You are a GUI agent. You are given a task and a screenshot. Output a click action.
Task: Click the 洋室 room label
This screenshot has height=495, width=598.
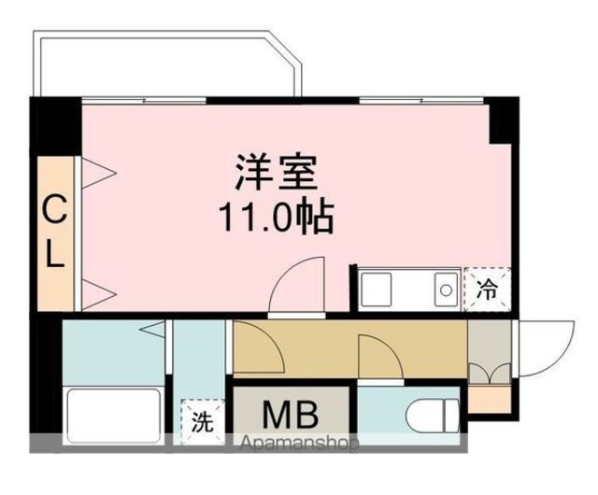277,173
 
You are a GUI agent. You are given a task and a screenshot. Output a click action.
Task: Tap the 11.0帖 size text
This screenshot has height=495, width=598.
277,218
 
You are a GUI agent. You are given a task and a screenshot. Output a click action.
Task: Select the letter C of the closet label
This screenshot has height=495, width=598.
54,209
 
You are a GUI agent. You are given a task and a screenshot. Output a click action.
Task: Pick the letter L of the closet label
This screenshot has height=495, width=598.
54,252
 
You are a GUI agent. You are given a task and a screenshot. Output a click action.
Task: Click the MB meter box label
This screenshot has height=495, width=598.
291,415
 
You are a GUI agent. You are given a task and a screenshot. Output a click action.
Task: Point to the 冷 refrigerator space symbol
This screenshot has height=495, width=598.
488,290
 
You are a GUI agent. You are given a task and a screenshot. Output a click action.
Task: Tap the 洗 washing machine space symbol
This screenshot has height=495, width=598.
202,421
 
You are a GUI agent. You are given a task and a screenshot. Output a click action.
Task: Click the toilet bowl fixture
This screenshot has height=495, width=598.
433,415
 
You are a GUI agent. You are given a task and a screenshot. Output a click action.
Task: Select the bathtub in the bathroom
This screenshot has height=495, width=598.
114,415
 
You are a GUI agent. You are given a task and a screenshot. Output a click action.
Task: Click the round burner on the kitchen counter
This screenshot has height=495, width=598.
446,290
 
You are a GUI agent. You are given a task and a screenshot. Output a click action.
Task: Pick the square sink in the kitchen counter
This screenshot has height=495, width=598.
376,290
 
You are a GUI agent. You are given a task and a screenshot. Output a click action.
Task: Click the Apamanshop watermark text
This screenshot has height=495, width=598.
299,443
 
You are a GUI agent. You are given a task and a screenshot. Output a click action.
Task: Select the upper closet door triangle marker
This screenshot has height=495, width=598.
99,174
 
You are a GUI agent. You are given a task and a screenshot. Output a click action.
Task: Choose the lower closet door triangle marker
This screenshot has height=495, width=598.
98,294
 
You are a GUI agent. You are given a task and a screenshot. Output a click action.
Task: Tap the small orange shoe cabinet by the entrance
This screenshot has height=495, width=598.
490,399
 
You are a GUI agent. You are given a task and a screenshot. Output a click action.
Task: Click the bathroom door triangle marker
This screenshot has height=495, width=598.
152,329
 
